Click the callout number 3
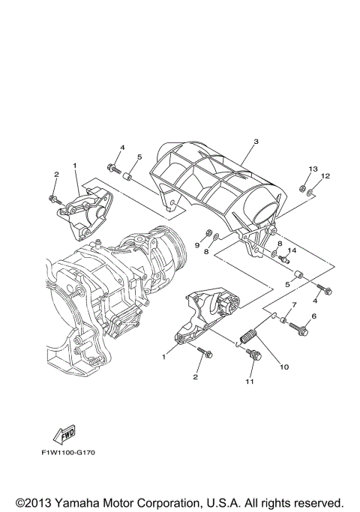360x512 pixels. pos(255,142)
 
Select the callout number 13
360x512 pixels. pos(313,169)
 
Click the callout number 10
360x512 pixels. pos(283,367)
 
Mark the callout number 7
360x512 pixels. pos(294,305)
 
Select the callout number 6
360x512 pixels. pos(313,317)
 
